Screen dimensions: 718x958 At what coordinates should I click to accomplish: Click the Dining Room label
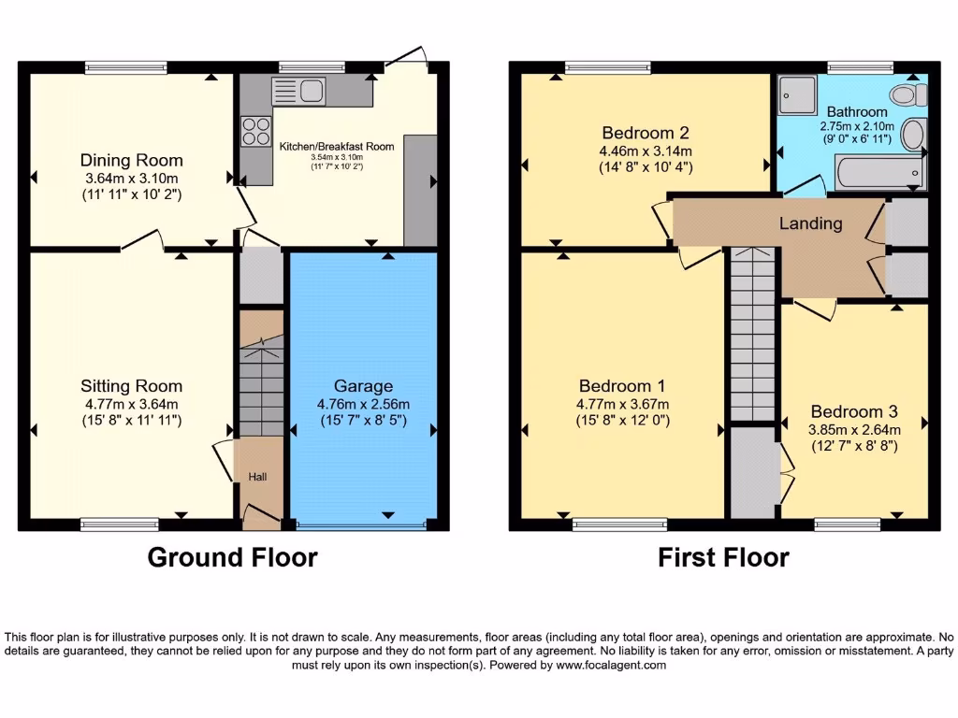pyautogui.click(x=131, y=160)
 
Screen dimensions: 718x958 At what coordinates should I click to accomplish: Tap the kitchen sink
pyautogui.click(x=298, y=91)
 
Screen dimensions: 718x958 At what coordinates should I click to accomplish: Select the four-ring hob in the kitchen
pyautogui.click(x=255, y=131)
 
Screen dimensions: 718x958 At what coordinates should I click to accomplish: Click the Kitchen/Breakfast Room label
pyautogui.click(x=337, y=146)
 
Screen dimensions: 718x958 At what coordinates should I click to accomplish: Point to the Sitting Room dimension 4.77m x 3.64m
pyautogui.click(x=131, y=404)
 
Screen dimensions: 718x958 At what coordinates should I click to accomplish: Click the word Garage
pyautogui.click(x=363, y=386)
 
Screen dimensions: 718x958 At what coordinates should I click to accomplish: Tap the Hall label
pyautogui.click(x=257, y=477)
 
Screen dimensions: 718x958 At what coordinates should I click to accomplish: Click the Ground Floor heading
pyautogui.click(x=232, y=558)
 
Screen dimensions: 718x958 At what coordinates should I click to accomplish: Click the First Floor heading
pyautogui.click(x=723, y=558)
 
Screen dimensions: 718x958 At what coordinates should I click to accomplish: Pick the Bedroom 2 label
pyautogui.click(x=646, y=132)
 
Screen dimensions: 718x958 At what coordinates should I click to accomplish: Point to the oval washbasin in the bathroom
pyautogui.click(x=912, y=136)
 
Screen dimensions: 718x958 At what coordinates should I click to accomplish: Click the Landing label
pyautogui.click(x=810, y=223)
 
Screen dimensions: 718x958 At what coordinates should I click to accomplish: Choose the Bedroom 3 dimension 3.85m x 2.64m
pyautogui.click(x=855, y=429)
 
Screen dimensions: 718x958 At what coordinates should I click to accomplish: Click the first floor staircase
pyautogui.click(x=753, y=337)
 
